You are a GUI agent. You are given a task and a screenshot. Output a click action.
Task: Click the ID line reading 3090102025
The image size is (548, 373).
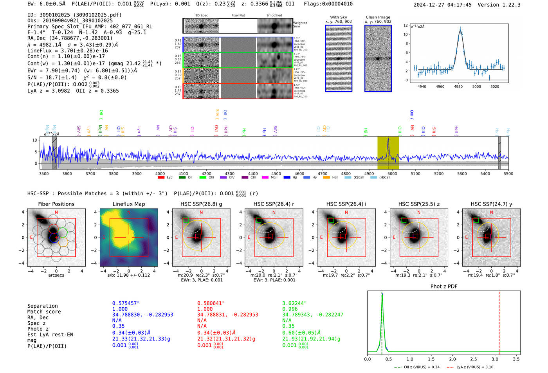pyautogui.click(x=74, y=15)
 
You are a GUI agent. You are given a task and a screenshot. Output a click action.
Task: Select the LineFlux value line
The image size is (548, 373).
pyautogui.click(x=67, y=50)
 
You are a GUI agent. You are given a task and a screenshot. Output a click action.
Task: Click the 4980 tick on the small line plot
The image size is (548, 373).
pyautogui.click(x=458, y=86)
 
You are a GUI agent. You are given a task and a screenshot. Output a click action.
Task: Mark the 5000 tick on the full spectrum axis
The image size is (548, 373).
pyautogui.click(x=392, y=173)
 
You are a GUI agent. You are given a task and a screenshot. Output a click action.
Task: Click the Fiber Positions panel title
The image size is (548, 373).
pyautogui.click(x=56, y=204)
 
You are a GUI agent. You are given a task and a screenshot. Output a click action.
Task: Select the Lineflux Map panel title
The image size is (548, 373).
pyautogui.click(x=129, y=204)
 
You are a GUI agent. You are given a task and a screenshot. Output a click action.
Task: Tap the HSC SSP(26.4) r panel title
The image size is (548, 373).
pyautogui.click(x=274, y=204)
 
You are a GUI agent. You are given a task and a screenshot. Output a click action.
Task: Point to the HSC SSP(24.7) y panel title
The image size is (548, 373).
pyautogui.click(x=491, y=204)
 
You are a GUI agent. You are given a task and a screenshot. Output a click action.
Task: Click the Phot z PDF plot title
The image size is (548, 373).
pyautogui.click(x=444, y=287)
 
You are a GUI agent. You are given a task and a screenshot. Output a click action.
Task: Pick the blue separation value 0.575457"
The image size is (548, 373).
pyautogui.click(x=126, y=303)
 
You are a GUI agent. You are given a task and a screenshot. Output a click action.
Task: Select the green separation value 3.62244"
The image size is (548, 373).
pyautogui.click(x=294, y=303)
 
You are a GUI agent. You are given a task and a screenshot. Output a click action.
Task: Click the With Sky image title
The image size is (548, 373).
pyautogui.click(x=339, y=17)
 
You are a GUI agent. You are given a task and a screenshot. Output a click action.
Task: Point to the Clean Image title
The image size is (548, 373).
pyautogui.click(x=378, y=17)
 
